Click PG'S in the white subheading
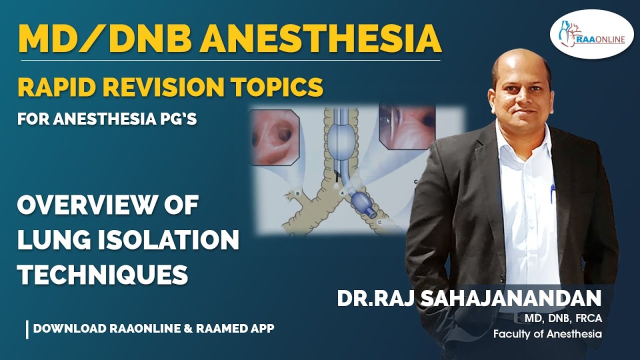point(178,120)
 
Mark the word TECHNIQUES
point(102,275)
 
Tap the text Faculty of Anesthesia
point(547,334)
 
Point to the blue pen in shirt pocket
point(552,192)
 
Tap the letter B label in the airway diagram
point(298,193)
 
